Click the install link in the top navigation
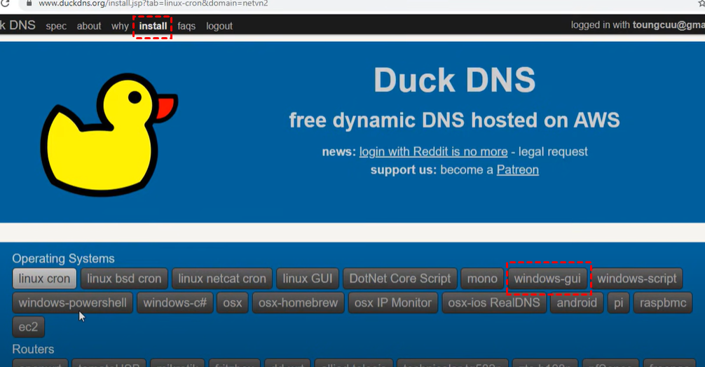[x=153, y=27]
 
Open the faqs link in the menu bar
[x=186, y=27]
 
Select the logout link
[x=219, y=27]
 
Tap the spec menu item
[x=56, y=27]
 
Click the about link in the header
[x=89, y=27]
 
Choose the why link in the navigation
[x=120, y=27]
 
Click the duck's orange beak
[x=165, y=109]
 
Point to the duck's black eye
[x=134, y=97]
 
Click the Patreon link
[x=517, y=170]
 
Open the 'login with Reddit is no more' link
[x=433, y=152]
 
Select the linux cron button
[x=44, y=279]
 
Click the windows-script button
[x=637, y=279]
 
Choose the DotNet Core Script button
[x=400, y=279]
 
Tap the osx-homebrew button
[x=299, y=303]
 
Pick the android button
[x=577, y=303]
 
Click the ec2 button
[x=29, y=326]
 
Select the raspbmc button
[x=662, y=303]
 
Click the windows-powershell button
[x=72, y=303]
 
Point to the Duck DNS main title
[x=454, y=81]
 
